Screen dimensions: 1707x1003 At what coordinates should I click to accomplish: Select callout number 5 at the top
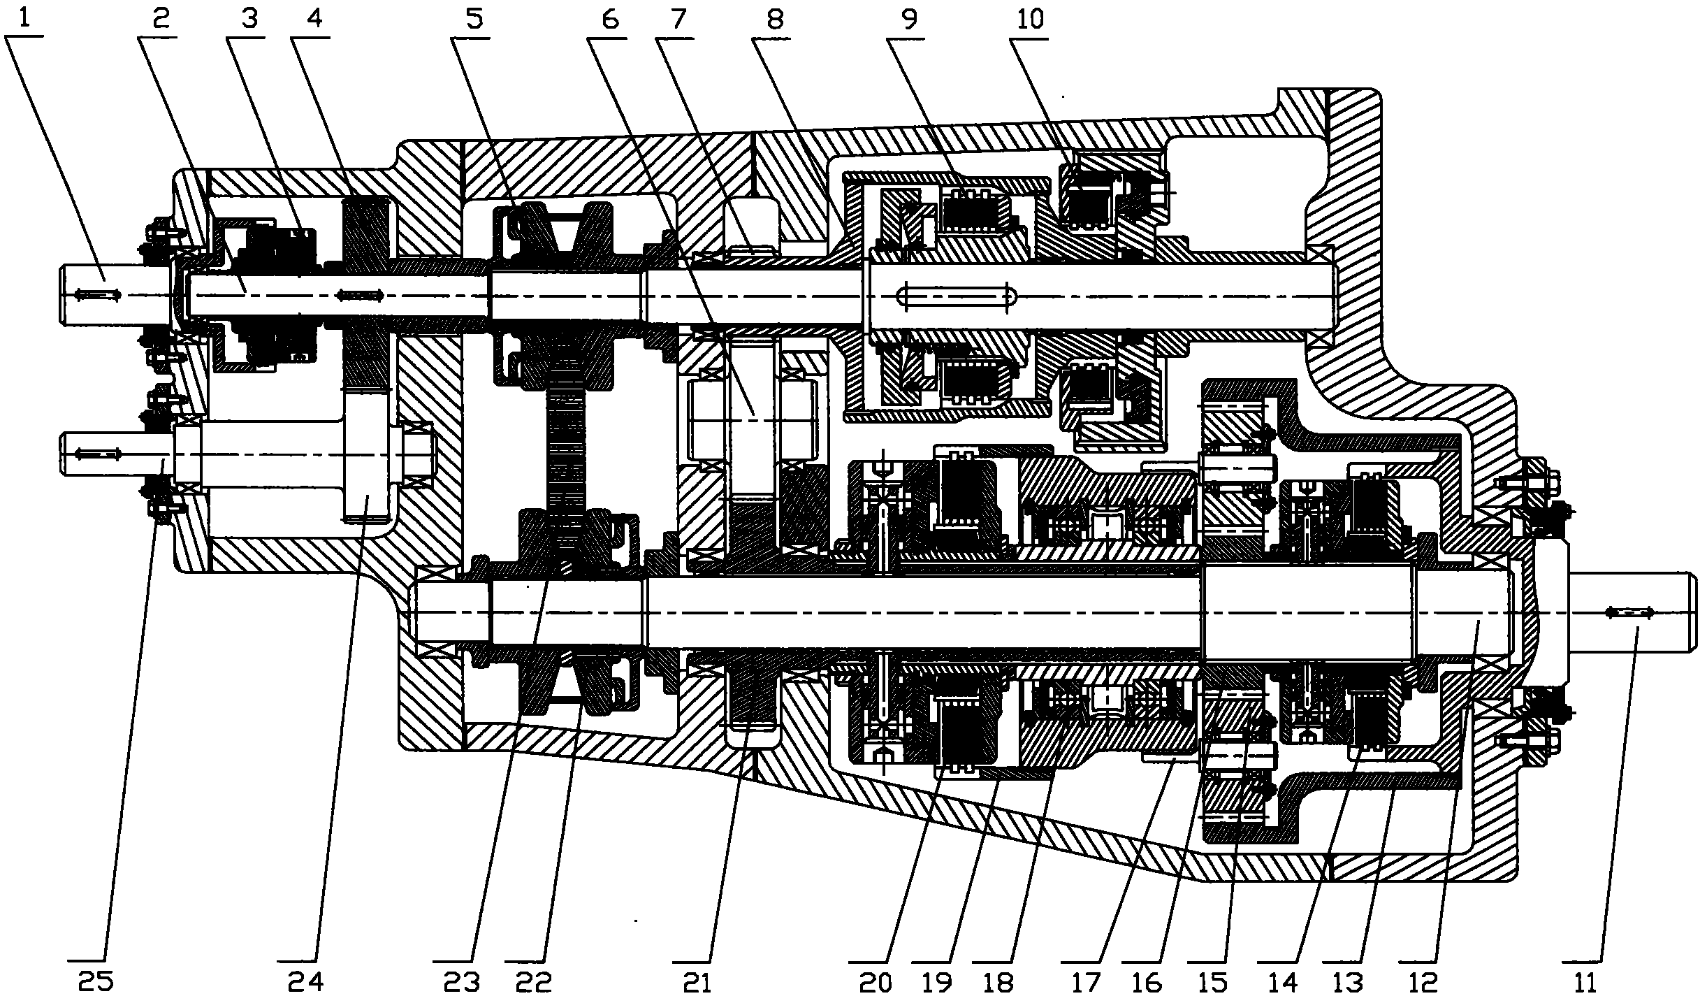point(475,20)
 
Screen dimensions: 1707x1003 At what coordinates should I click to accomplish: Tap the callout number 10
point(1030,20)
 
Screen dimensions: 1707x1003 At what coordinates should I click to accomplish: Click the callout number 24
point(306,982)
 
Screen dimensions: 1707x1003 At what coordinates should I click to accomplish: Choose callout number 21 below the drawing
point(695,982)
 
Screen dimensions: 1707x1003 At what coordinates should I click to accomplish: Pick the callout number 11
point(1585,982)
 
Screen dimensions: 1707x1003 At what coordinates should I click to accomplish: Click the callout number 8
point(774,20)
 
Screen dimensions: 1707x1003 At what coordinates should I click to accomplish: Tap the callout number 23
point(462,982)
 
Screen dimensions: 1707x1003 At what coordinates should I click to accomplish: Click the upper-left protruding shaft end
point(116,295)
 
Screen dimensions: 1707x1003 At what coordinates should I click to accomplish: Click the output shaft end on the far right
point(1632,613)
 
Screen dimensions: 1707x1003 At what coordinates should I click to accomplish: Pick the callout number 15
point(1214,982)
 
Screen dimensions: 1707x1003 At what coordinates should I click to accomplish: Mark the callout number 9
point(909,20)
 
